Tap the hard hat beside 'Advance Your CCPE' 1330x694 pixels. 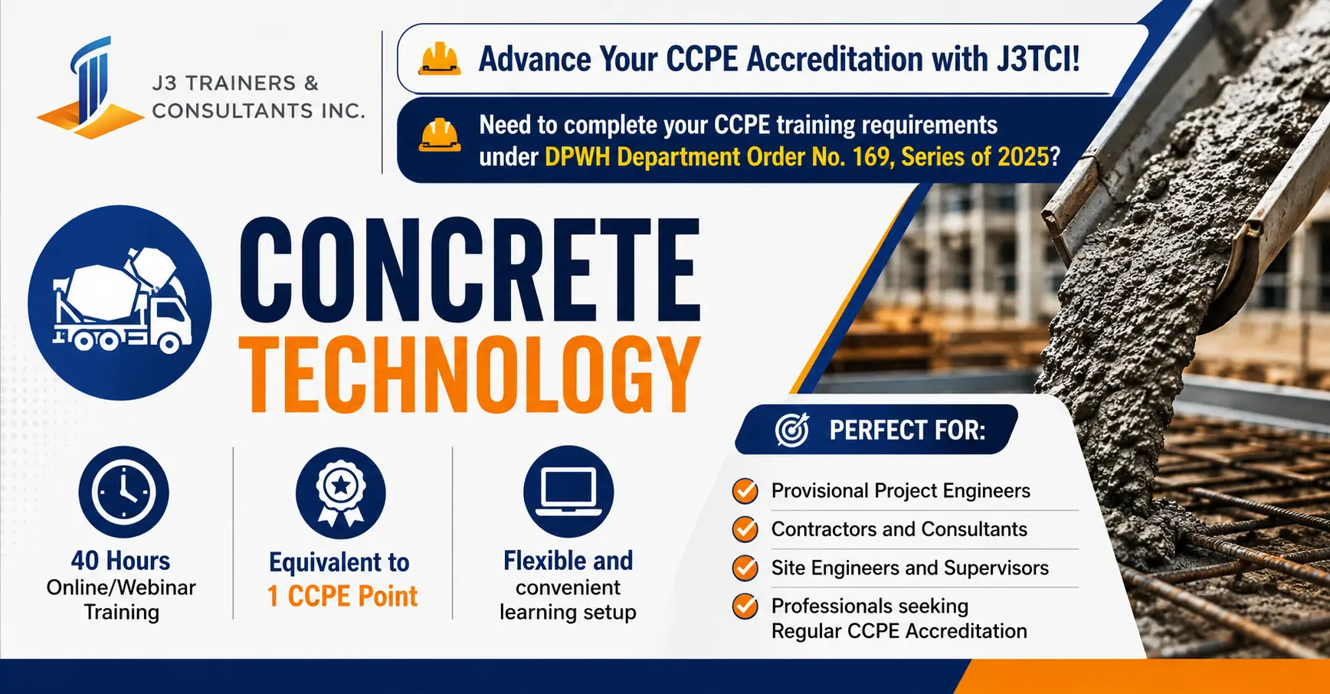click(x=439, y=59)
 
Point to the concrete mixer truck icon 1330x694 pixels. click(x=121, y=300)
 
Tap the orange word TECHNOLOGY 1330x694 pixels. click(x=470, y=375)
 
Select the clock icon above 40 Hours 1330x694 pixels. click(x=123, y=492)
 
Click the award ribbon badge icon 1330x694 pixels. click(x=341, y=493)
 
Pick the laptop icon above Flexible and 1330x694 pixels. click(x=568, y=492)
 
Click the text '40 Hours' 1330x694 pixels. click(x=121, y=561)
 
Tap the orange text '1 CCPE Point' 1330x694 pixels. click(x=342, y=596)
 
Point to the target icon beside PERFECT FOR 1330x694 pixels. click(x=791, y=430)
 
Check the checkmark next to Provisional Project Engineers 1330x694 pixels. click(x=745, y=490)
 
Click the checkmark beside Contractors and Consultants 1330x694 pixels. click(x=745, y=529)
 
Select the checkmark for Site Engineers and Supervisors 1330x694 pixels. click(x=745, y=568)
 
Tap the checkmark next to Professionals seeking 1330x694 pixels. click(x=745, y=606)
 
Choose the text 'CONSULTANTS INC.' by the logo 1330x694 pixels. click(x=258, y=111)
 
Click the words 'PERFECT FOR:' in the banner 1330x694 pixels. click(x=908, y=430)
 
